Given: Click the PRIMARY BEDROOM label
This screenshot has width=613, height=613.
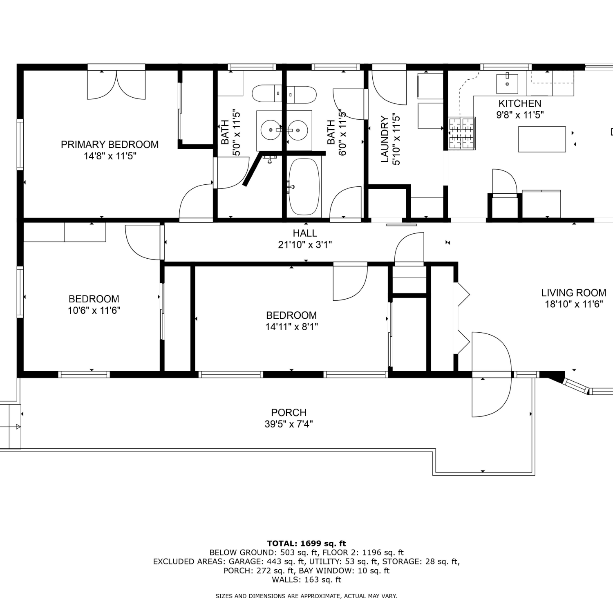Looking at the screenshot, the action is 110,144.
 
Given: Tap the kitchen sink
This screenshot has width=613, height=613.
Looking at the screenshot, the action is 507,84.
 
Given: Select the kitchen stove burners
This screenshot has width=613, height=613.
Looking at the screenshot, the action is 462,133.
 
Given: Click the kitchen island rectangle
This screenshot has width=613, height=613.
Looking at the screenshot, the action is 542,139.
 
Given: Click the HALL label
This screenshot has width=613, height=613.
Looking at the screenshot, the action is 305,233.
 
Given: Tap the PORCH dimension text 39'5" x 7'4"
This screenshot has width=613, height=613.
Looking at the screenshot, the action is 289,424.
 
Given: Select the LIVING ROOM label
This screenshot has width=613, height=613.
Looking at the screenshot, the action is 573,293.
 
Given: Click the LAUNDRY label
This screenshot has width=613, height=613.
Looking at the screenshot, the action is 385,139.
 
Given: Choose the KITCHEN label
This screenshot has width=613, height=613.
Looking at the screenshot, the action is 520,103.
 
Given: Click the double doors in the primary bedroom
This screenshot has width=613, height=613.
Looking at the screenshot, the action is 116,85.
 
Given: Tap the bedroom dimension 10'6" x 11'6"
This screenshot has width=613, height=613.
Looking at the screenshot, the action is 94,311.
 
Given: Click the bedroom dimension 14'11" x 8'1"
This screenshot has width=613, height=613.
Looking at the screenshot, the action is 291,327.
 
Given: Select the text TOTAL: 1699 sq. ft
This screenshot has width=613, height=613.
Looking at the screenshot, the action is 306,544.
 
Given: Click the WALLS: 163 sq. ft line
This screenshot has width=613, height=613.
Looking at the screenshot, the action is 306,579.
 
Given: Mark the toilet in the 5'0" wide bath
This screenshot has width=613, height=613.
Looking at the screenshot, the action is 267,94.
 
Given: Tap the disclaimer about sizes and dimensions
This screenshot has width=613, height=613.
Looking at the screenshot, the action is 306,596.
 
